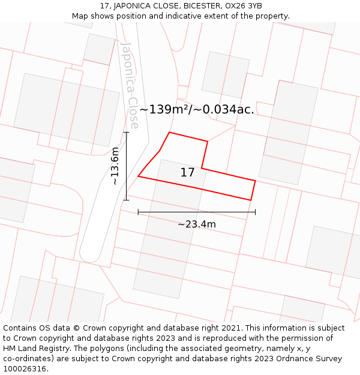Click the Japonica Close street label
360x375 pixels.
coord(130,85)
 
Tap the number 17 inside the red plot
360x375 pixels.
coord(187,173)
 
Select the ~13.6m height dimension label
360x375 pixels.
coord(115,166)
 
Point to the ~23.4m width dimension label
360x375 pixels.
coord(196,224)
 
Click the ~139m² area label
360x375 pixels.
coord(196,110)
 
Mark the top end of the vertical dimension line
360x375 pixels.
coord(126,133)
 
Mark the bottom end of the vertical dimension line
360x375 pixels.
coord(126,200)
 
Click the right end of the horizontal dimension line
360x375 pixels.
coord(255,212)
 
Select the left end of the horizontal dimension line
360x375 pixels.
coord(139,212)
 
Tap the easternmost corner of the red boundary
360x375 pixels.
coord(256,181)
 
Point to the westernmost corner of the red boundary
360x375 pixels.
coord(139,176)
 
